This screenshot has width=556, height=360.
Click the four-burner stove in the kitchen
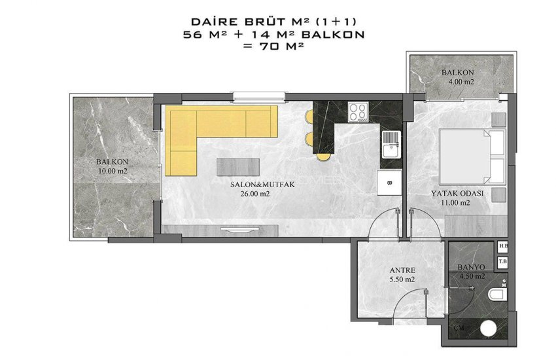(x=358, y=112)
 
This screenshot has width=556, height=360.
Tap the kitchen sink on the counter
(x=391, y=142)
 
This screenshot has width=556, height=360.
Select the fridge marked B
(x=389, y=183)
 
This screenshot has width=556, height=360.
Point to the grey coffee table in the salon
(x=237, y=165)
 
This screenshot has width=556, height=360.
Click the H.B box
(x=503, y=247)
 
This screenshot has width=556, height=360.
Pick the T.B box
(x=503, y=261)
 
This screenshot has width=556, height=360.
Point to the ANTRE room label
(x=402, y=270)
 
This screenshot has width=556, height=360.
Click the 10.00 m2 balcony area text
(x=112, y=171)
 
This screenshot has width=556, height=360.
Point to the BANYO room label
(x=470, y=268)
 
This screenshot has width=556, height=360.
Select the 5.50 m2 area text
(x=402, y=279)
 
